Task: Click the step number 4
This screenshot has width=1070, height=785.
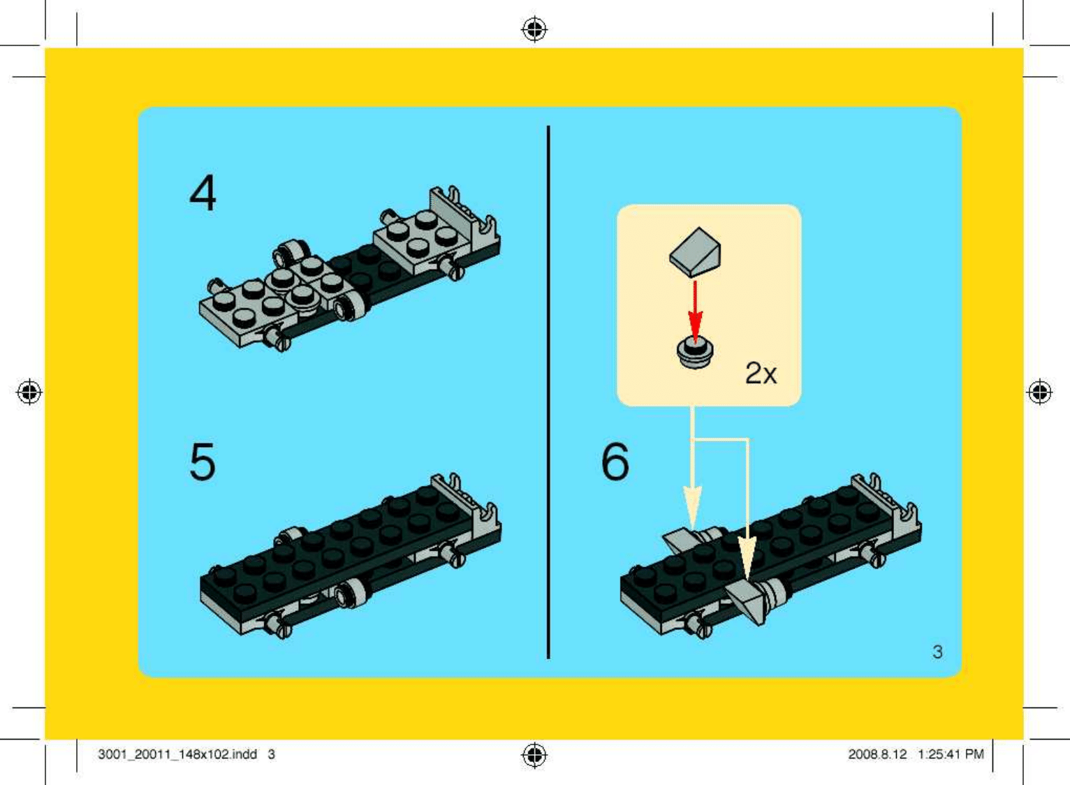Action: (x=203, y=193)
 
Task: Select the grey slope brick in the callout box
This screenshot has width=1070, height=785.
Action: (x=696, y=252)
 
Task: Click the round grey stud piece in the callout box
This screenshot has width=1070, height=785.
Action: (x=696, y=353)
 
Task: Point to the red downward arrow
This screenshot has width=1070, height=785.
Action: (x=695, y=311)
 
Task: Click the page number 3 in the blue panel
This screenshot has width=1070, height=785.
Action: (x=937, y=652)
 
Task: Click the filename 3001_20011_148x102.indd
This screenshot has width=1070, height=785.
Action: (x=177, y=754)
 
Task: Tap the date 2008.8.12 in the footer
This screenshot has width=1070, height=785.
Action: (x=877, y=754)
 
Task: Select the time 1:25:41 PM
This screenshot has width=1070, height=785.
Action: (x=951, y=754)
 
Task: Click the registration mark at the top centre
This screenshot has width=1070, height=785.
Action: (x=534, y=29)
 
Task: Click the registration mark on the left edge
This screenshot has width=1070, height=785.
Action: (x=29, y=392)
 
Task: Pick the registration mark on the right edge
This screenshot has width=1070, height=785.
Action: (x=1040, y=392)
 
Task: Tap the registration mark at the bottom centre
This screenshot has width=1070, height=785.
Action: (x=534, y=755)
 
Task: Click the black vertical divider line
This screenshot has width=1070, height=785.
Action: (x=548, y=392)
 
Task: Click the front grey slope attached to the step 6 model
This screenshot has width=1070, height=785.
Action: (x=746, y=601)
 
